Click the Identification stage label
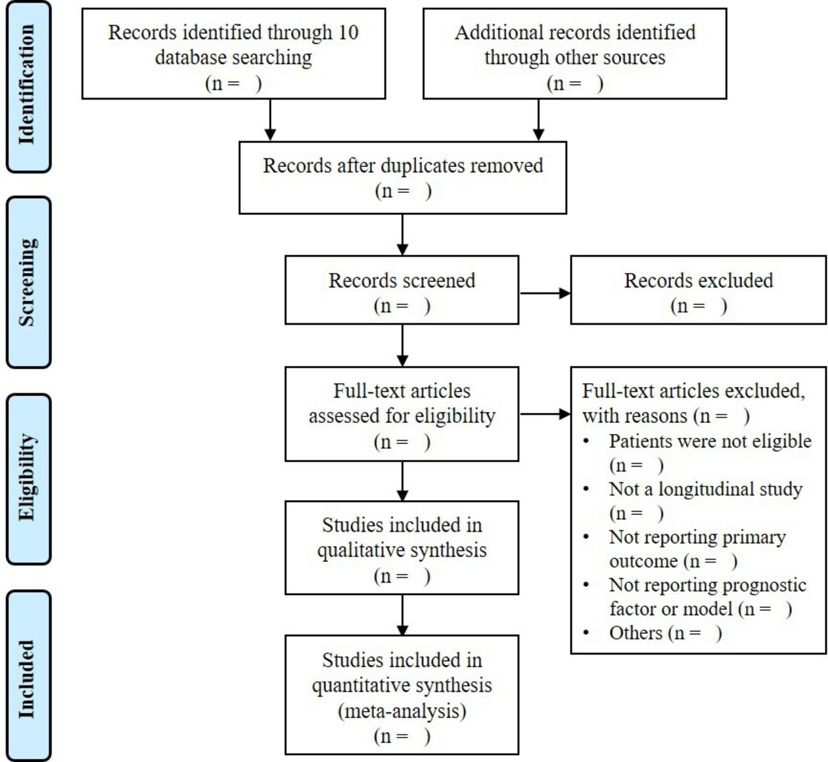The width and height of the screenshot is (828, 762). pos(27,85)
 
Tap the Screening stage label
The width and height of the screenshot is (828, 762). pos(27,282)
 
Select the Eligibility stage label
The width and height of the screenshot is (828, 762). pos(27,477)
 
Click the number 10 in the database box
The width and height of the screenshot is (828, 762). pos(349,32)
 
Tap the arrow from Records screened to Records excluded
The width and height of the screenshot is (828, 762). pos(545,294)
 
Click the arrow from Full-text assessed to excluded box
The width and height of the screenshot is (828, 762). pos(545,414)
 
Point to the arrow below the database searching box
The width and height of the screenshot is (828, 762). pos(270,120)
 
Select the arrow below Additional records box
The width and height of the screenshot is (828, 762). pos(538,120)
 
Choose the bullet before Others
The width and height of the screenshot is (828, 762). pos(586,633)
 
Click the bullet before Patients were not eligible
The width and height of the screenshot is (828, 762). pos(586,441)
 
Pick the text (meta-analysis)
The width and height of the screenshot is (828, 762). pos(402,712)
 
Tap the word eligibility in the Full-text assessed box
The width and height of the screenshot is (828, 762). pos(455,417)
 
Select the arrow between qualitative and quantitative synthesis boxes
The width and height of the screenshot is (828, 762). pos(402,615)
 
